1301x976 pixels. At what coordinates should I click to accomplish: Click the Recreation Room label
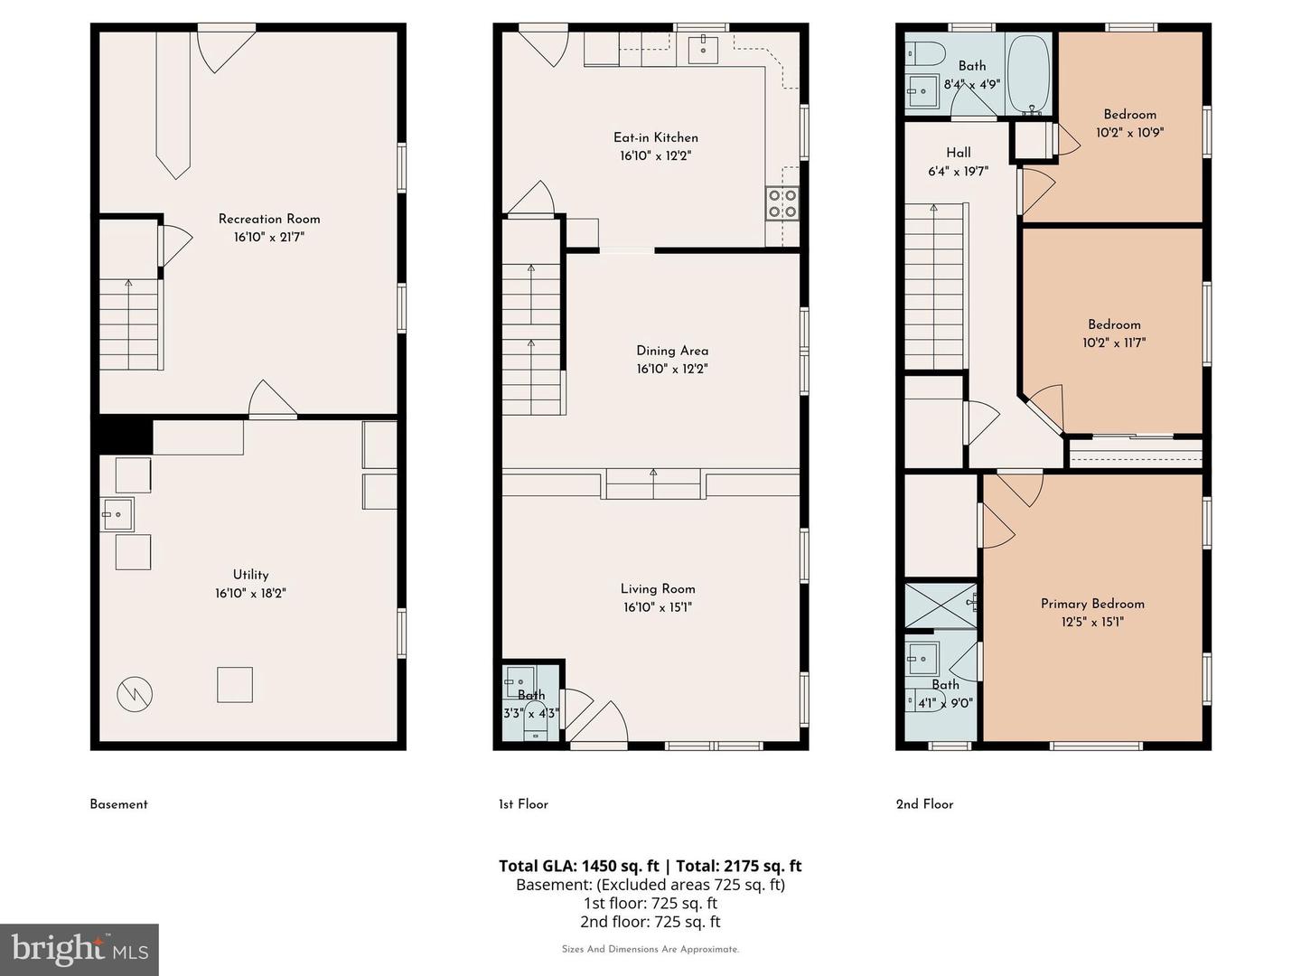[x=269, y=219]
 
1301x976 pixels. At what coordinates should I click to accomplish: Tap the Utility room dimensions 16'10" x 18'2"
[x=250, y=593]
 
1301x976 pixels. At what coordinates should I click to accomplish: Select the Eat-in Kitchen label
[x=656, y=137]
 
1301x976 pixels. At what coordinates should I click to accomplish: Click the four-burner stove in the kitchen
[x=782, y=204]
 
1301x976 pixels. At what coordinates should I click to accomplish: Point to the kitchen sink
[x=703, y=50]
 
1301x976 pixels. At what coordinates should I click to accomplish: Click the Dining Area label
[x=672, y=351]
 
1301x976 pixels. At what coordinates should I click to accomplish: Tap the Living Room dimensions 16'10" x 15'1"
[x=658, y=607]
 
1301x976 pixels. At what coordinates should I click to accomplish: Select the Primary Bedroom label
[x=1092, y=604]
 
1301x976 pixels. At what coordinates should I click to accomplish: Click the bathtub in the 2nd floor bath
[x=1028, y=74]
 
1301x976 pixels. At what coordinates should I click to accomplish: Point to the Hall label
[x=959, y=153]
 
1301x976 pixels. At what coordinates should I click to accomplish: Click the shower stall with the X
[x=941, y=605]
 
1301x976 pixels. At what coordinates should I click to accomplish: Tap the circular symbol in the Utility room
[x=135, y=694]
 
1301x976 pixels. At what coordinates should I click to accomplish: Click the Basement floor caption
[x=118, y=804]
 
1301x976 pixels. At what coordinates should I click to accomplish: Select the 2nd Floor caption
[x=924, y=804]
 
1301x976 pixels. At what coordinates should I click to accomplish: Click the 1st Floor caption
[x=523, y=804]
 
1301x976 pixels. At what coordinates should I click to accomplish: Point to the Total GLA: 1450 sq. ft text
[x=578, y=866]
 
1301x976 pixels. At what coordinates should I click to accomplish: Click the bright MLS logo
[x=80, y=949]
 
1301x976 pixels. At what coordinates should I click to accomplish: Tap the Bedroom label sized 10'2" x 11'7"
[x=1114, y=324]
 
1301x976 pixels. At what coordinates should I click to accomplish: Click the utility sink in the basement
[x=117, y=514]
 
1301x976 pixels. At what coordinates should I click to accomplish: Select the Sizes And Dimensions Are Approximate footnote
[x=650, y=949]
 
